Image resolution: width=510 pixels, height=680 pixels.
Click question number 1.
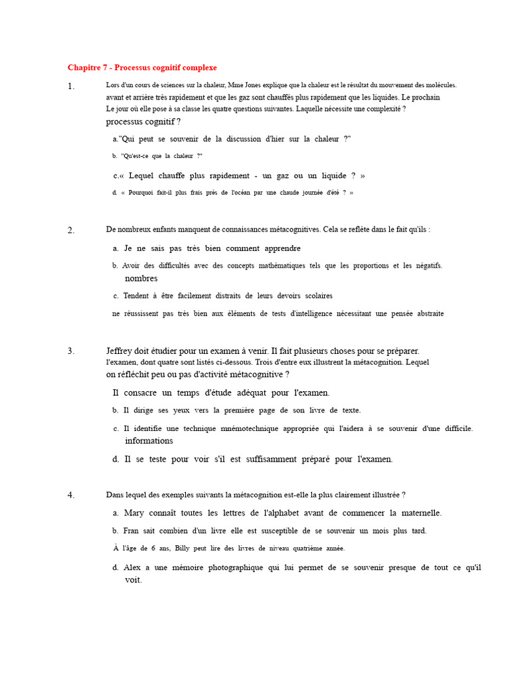(x=70, y=86)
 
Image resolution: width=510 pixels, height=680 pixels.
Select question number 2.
(x=70, y=230)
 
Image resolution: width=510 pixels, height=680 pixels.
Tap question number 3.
(x=70, y=351)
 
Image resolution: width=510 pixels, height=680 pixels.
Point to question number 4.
(x=70, y=495)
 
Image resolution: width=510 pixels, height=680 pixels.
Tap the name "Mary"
(x=133, y=513)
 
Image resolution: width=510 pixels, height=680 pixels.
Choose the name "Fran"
(x=131, y=531)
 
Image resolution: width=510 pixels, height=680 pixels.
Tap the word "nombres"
(x=141, y=278)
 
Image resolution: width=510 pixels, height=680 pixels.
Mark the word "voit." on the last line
(x=133, y=580)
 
